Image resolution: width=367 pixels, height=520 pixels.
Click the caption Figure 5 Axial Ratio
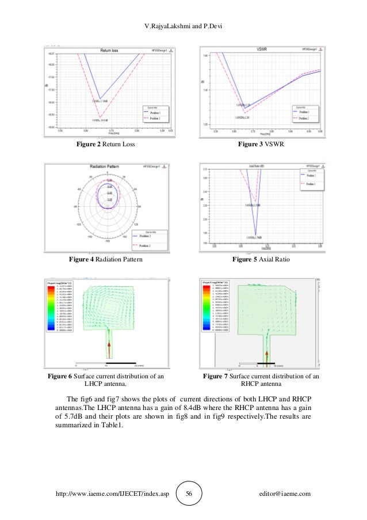coord(261,260)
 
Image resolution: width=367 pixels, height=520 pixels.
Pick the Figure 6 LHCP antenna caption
coord(106,381)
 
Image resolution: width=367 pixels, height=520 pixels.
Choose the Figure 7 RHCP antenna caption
coord(261,381)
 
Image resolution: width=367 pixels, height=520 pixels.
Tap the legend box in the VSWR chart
coord(303,113)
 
